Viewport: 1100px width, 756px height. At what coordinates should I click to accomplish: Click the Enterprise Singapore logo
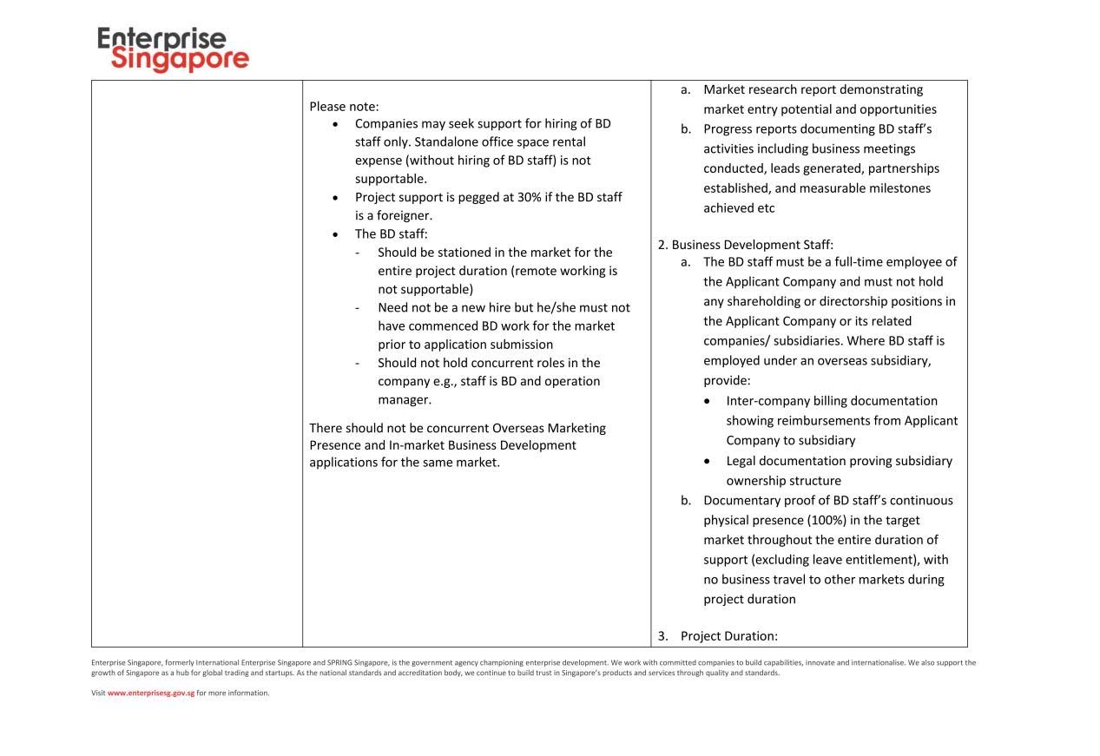tap(173, 49)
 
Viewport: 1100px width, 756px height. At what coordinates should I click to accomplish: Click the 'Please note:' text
tap(344, 107)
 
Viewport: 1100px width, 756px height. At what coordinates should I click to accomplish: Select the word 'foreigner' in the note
tap(397, 215)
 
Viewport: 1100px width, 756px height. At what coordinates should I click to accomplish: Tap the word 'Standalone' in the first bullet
tap(467, 141)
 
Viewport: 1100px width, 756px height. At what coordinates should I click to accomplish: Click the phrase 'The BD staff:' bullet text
tap(391, 233)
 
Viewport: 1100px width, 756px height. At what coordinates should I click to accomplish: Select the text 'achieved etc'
tap(739, 208)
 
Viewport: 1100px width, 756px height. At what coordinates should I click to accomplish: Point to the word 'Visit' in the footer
tap(98, 693)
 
